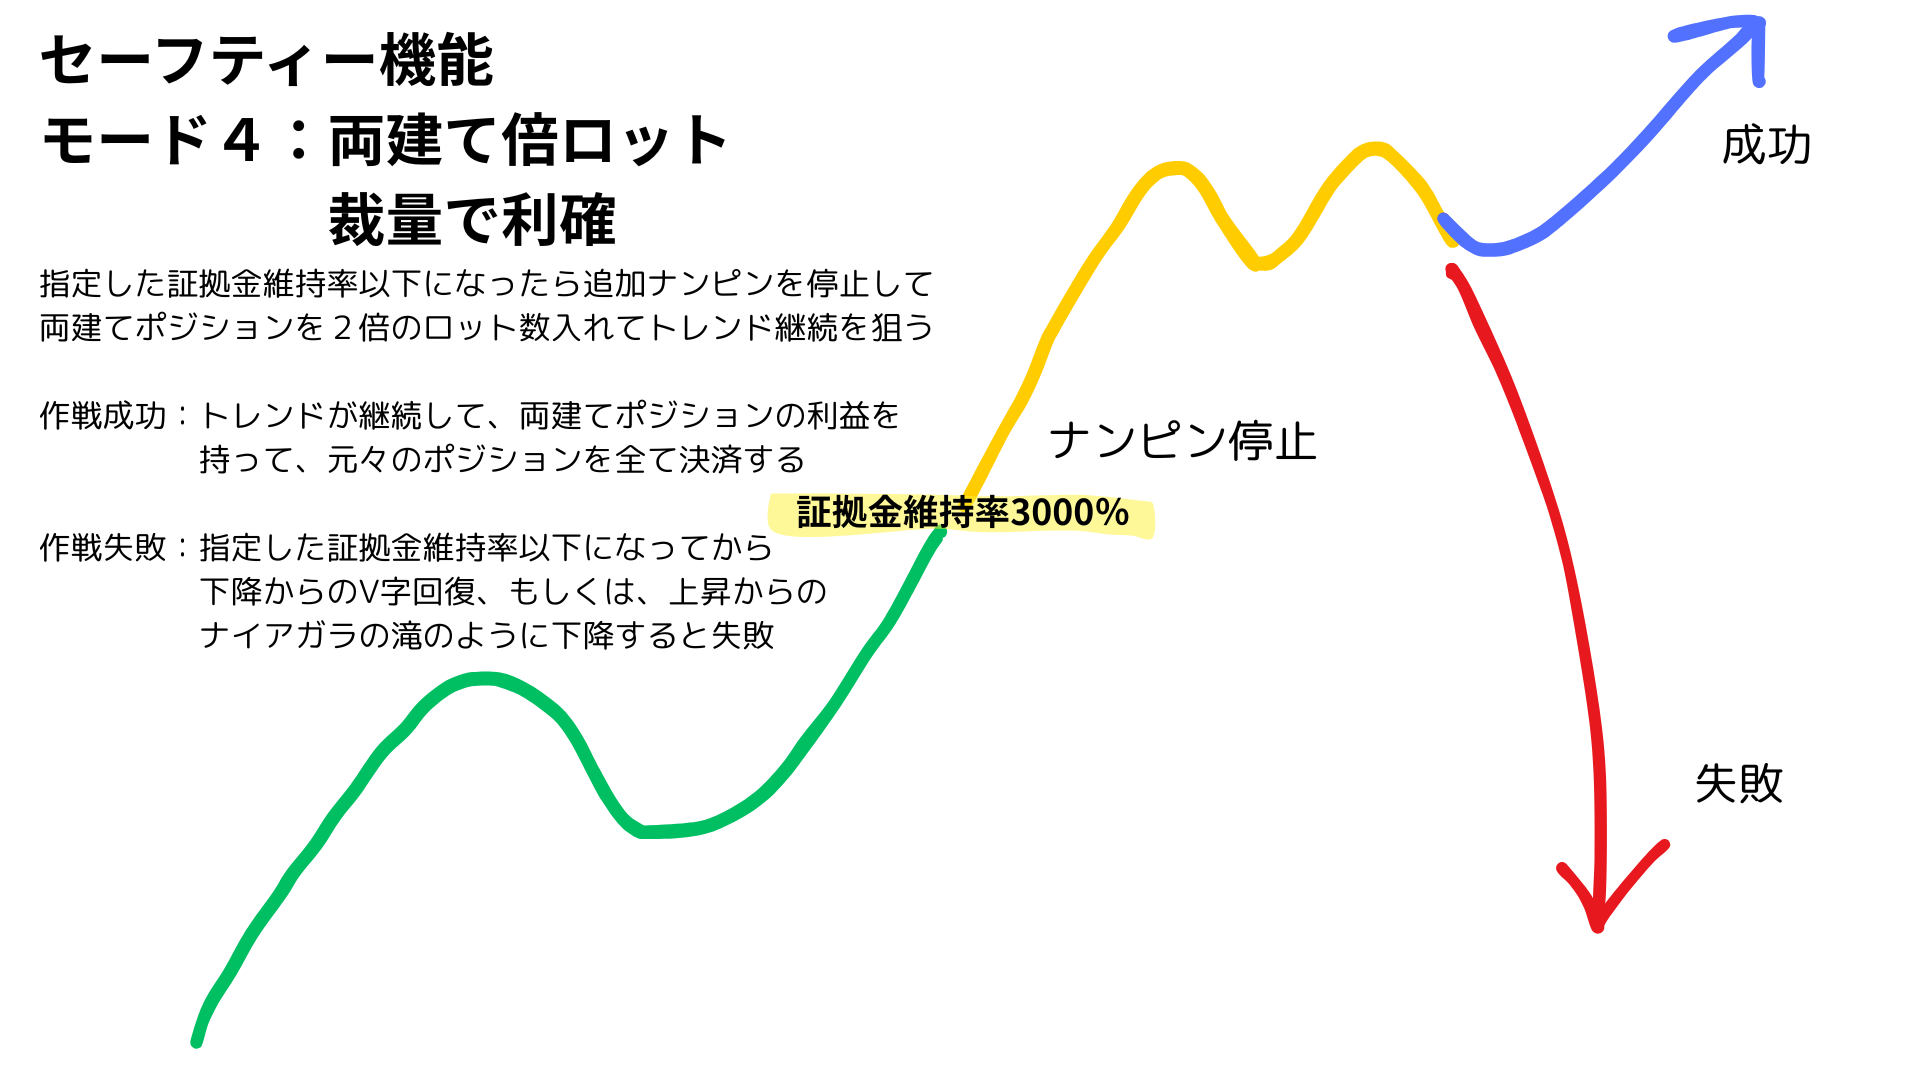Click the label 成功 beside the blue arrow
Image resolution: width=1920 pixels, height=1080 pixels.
tap(1766, 146)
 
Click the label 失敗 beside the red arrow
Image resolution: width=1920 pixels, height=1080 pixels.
tap(1739, 783)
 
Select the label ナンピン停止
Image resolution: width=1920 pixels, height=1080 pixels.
tap(1182, 441)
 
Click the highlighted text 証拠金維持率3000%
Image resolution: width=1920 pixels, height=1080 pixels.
tap(963, 513)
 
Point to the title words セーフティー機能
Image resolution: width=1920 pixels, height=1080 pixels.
tap(267, 60)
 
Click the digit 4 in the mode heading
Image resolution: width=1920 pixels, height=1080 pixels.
tap(242, 140)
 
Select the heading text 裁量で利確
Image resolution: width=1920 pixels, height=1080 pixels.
tap(472, 220)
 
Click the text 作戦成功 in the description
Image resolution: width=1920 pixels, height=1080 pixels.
tap(103, 415)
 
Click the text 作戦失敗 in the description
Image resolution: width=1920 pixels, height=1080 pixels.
tap(103, 547)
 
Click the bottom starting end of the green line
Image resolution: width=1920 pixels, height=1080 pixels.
tap(197, 1042)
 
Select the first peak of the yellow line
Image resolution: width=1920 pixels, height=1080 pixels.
tap(1176, 167)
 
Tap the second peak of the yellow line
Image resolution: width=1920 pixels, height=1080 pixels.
tap(1375, 149)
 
